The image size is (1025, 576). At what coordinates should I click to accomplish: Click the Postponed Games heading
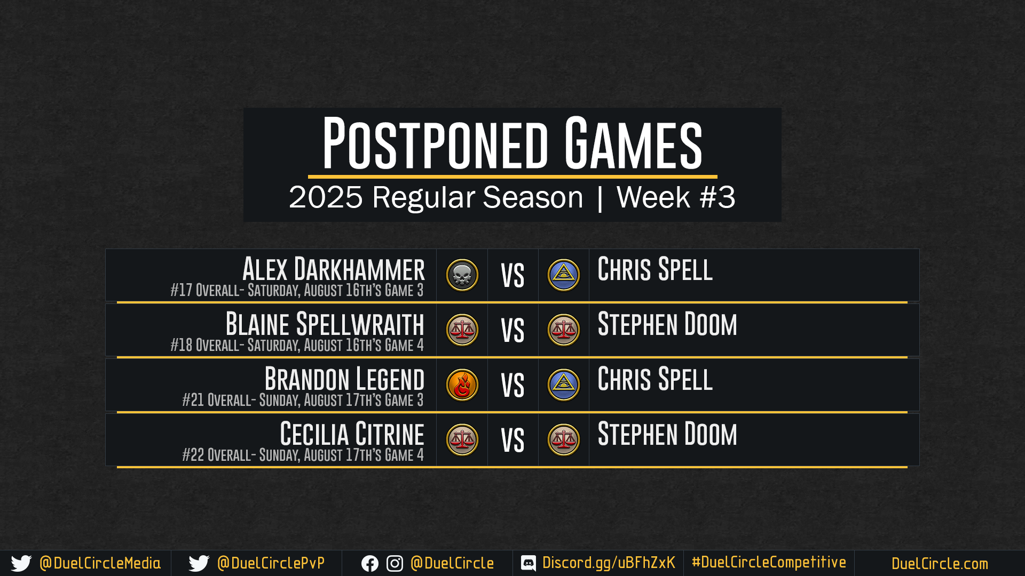point(512,142)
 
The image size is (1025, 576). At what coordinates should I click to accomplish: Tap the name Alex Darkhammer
point(334,269)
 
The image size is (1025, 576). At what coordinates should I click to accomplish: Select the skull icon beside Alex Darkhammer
point(462,275)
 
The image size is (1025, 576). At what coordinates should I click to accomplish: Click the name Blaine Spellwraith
point(325,324)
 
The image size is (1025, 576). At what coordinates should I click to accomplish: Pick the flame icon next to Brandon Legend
point(462,385)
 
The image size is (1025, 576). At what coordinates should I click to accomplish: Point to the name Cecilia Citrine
point(352,434)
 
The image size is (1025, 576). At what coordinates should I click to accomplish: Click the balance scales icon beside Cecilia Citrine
point(462,440)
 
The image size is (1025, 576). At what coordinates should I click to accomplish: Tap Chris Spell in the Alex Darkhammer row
point(655,269)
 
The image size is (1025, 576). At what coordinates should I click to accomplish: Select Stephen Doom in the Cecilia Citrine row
point(667,434)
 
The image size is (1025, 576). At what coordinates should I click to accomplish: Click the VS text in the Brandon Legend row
point(512,386)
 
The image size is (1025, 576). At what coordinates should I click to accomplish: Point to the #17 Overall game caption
point(297,290)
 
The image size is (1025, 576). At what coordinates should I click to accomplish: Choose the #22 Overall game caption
point(303,455)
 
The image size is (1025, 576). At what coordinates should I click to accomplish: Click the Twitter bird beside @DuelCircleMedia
point(21,564)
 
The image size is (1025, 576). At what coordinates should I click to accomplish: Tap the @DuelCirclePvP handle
point(271,563)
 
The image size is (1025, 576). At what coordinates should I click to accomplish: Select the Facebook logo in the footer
point(370,564)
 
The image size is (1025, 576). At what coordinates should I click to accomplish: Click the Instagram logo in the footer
point(395,564)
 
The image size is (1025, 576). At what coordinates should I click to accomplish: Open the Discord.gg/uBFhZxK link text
point(609,563)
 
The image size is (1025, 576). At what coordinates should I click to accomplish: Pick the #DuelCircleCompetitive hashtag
point(769,562)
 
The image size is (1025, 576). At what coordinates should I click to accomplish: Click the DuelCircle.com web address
point(940,564)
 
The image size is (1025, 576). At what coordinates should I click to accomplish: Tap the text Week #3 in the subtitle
point(676,197)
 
